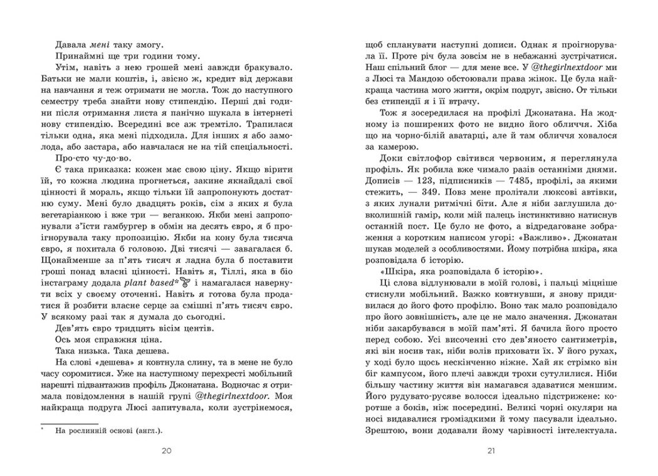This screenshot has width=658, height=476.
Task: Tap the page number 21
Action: [491, 452]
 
